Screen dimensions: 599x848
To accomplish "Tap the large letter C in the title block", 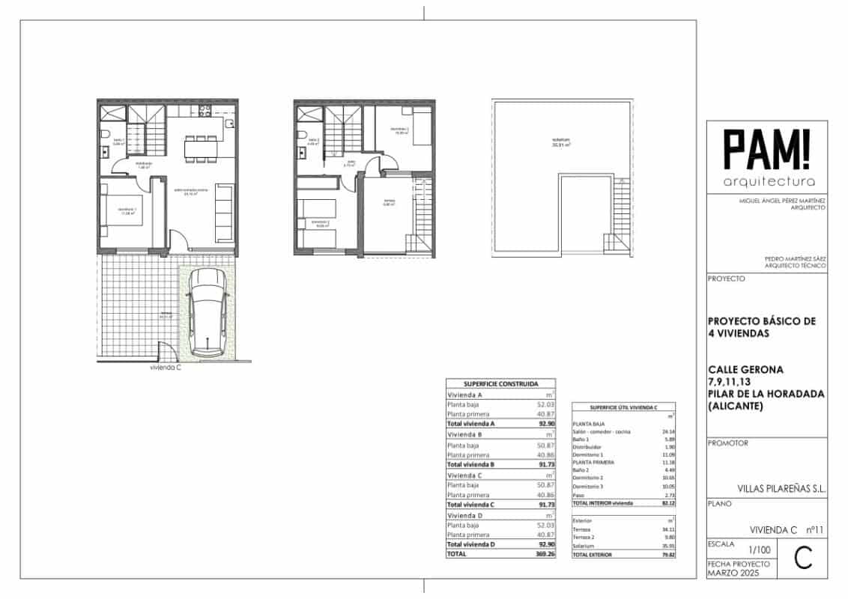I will click(804, 557).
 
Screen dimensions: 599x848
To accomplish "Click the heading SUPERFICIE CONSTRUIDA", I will click(500, 383).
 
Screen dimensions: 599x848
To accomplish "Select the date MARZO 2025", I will click(733, 573).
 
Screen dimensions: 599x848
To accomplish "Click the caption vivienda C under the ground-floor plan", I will click(165, 368).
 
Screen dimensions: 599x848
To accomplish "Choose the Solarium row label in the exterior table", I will click(585, 546).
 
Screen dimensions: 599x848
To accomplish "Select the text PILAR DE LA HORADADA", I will click(761, 394).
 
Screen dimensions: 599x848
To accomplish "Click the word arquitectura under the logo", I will click(766, 182).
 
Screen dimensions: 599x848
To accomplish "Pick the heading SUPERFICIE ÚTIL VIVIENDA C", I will click(623, 407).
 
